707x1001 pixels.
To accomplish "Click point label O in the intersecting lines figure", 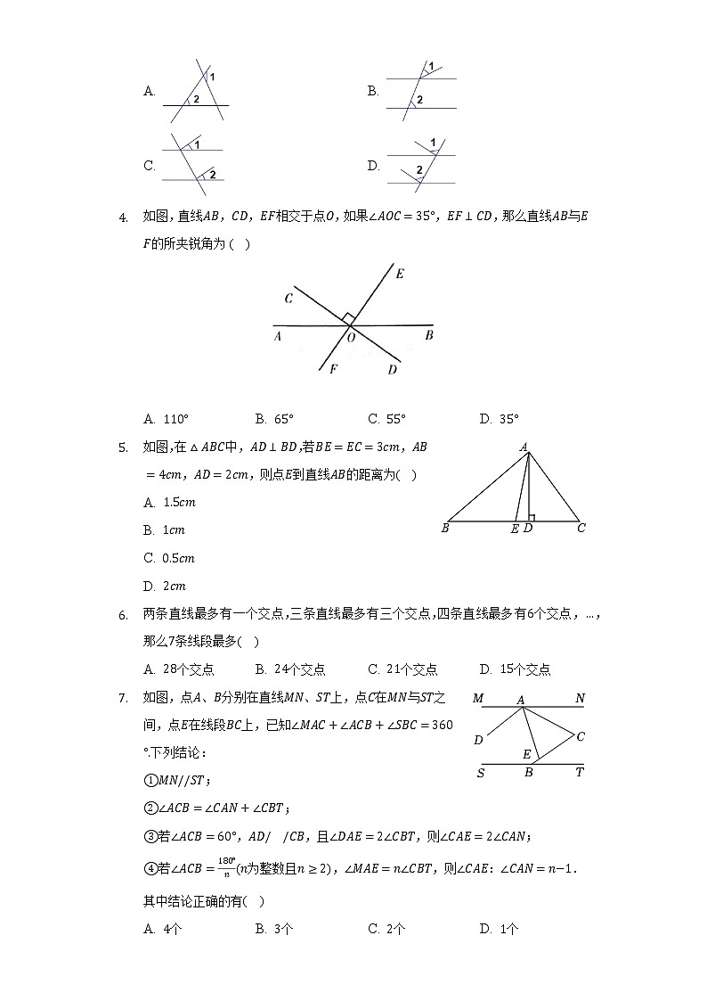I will point(351,338).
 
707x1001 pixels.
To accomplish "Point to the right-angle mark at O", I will point(349,318).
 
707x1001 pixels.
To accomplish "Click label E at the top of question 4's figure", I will point(399,274).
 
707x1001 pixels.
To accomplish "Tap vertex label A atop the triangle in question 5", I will point(524,447).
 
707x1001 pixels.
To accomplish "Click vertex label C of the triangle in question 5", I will point(581,529).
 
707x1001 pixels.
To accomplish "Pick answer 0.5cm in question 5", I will point(178,559).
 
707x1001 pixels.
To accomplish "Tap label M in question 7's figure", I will point(478,699).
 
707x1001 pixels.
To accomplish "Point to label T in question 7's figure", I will point(580,773).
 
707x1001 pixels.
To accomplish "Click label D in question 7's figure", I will point(478,740).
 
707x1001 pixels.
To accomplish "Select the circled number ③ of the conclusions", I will point(150,836).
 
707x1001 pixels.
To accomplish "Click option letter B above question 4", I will point(373,91).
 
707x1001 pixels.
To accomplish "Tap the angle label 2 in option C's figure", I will point(213,173).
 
